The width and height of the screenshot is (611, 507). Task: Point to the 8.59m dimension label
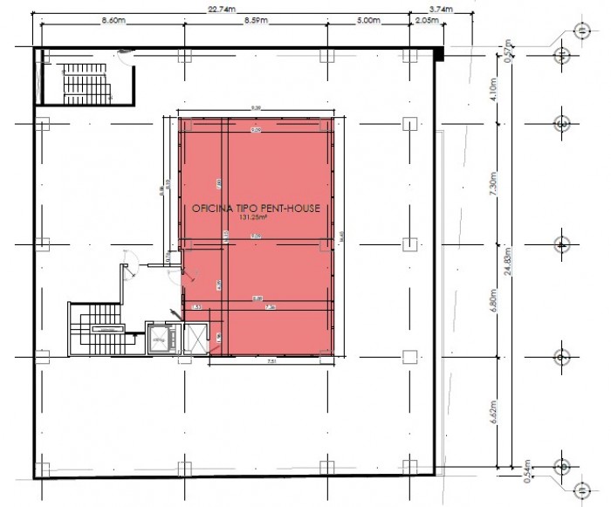pos(256,20)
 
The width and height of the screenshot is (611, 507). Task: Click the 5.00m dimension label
pos(369,20)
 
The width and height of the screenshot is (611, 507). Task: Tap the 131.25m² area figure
pos(253,219)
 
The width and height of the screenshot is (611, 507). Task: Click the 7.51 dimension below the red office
pos(271,360)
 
